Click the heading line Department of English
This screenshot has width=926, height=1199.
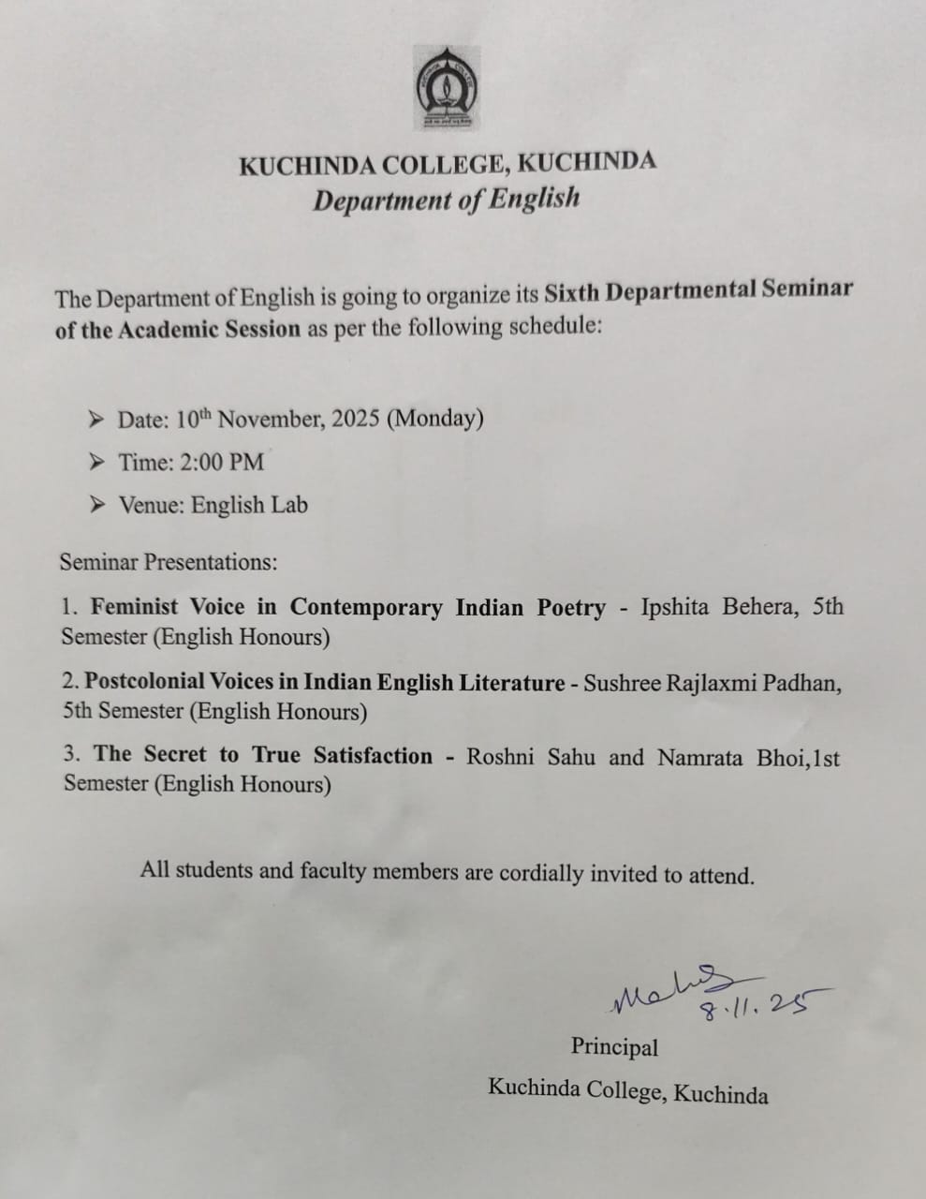pos(447,200)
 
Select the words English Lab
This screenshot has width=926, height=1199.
pos(249,505)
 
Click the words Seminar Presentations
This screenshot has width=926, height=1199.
pos(169,562)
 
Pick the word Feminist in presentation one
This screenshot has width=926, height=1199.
pos(135,606)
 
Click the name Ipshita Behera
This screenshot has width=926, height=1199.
pos(719,607)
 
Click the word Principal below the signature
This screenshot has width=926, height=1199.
pos(614,1046)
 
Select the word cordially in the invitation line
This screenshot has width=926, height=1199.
pos(541,873)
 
